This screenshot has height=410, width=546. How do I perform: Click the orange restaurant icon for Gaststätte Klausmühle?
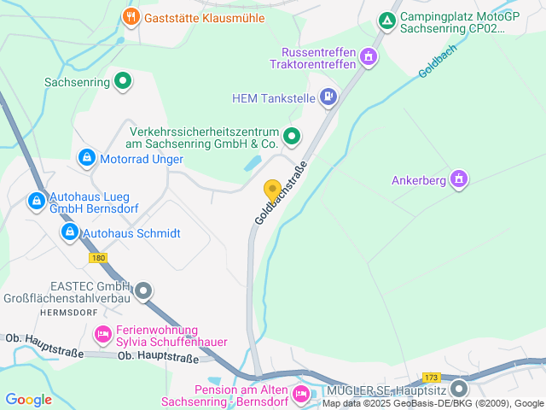[x=131, y=16]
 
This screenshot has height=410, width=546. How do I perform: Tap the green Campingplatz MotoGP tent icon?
[x=386, y=19]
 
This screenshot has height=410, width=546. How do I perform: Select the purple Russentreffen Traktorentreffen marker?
[x=369, y=57]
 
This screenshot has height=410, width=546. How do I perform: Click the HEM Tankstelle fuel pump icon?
[x=328, y=97]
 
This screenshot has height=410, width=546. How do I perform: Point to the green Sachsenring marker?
[x=123, y=82]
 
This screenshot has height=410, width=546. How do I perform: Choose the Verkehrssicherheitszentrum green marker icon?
[x=292, y=136]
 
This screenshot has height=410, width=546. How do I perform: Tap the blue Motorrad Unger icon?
[x=86, y=158]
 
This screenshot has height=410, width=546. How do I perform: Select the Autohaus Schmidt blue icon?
[x=70, y=232]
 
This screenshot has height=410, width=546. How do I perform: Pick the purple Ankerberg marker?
[x=459, y=179]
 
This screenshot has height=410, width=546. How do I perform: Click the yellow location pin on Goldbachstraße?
[x=272, y=191]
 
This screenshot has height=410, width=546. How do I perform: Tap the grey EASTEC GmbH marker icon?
[x=143, y=291]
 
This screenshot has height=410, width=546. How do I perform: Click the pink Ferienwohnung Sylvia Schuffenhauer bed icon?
[x=103, y=334]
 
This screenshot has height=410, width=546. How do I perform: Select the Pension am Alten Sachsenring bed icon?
[x=300, y=394]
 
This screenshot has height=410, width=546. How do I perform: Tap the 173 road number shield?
[x=431, y=376]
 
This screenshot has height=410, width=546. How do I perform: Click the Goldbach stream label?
[x=439, y=61]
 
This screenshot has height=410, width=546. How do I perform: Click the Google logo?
[x=28, y=399]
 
